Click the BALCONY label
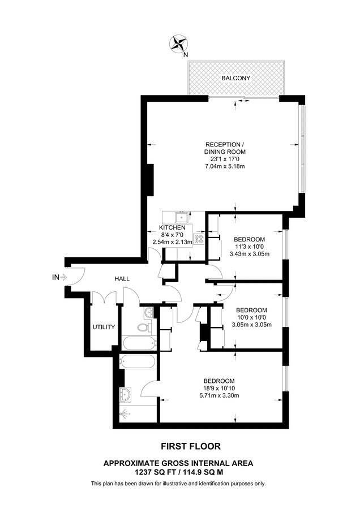pyautogui.click(x=235, y=78)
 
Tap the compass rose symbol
pyautogui.click(x=178, y=44)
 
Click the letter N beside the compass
pyautogui.click(x=186, y=55)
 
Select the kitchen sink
pyautogui.click(x=181, y=217)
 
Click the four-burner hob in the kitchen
pyautogui.click(x=199, y=239)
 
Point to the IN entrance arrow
pyautogui.click(x=63, y=277)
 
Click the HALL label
pyautogui.click(x=122, y=278)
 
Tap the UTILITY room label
pyautogui.click(x=104, y=327)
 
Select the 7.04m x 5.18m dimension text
pyautogui.click(x=225, y=166)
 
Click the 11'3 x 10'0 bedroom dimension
pyautogui.click(x=250, y=247)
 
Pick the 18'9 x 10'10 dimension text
pyautogui.click(x=219, y=388)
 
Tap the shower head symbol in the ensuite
pyautogui.click(x=124, y=414)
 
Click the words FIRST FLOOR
pyautogui.click(x=191, y=446)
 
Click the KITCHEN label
pyautogui.click(x=172, y=227)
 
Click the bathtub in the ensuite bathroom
pyautogui.click(x=138, y=361)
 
